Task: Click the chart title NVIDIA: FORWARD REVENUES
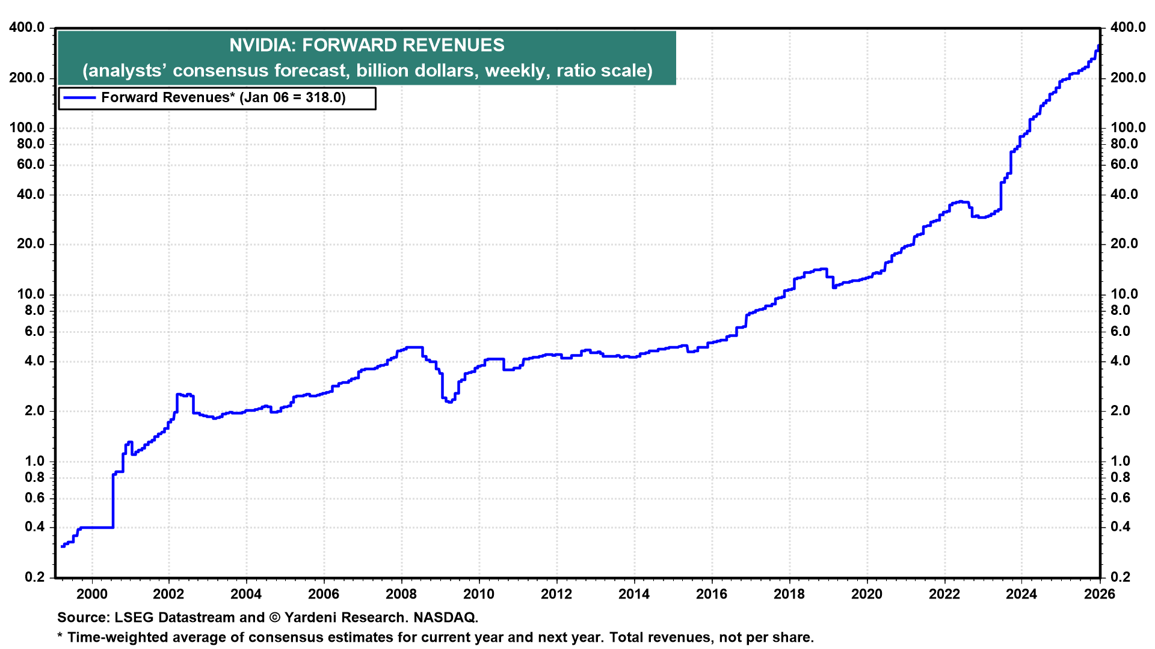click(366, 45)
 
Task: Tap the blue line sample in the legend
click(79, 98)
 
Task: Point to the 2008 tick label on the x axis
click(401, 594)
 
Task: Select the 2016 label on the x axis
click(712, 594)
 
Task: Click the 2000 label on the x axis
click(91, 594)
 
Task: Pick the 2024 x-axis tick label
click(1021, 594)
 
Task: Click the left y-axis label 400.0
click(26, 28)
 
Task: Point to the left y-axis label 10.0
click(30, 294)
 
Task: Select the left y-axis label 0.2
click(34, 577)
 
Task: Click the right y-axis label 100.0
click(1128, 127)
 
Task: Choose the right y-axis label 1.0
click(1120, 461)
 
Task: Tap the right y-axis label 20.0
click(1124, 243)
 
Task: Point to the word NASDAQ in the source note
click(445, 618)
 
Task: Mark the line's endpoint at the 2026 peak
click(1099, 46)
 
